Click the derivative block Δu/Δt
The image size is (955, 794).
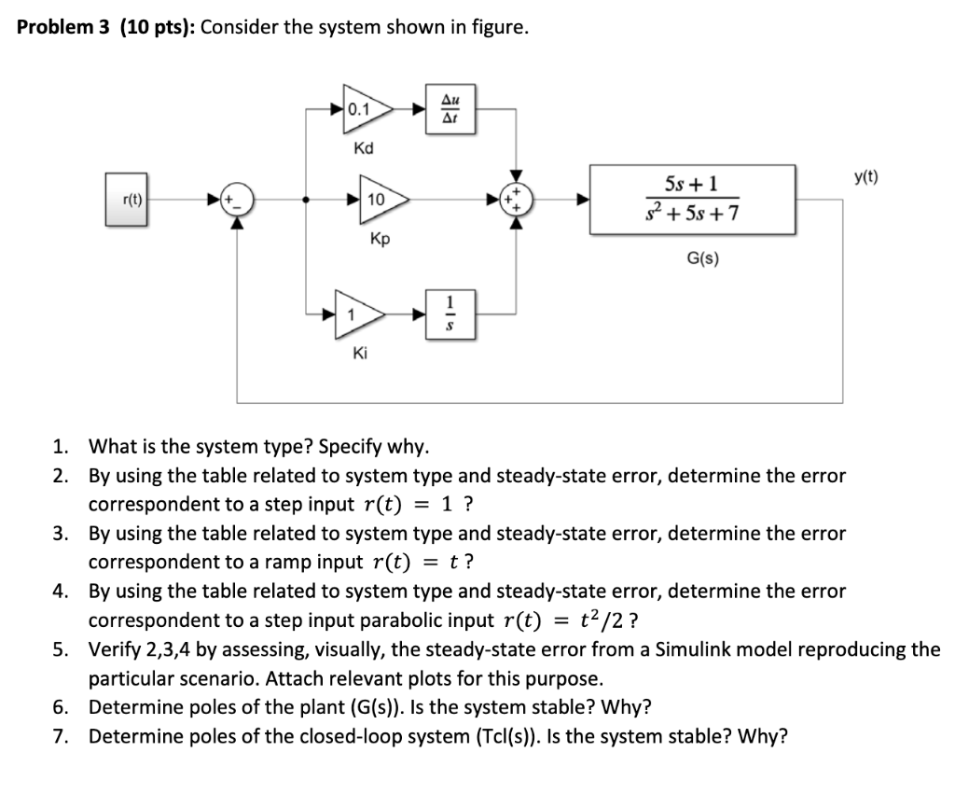(450, 110)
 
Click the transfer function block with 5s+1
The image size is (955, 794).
(691, 199)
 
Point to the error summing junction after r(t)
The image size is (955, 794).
(238, 199)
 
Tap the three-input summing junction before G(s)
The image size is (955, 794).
(515, 199)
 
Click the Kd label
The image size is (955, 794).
(364, 149)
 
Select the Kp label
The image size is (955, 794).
(380, 239)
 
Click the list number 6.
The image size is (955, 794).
(61, 706)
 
